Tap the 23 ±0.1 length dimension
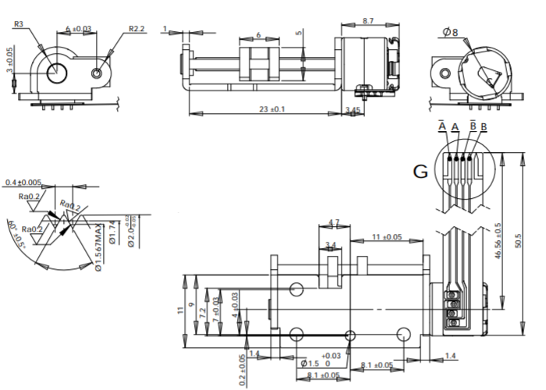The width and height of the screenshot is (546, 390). coord(271,108)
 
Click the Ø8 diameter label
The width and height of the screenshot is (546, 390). coord(450,33)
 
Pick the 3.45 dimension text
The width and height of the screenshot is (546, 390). coord(353,109)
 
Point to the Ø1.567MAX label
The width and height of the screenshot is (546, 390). coord(98,247)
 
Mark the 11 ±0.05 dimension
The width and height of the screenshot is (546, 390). coord(385,236)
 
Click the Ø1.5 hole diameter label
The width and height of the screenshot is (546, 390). coord(310,364)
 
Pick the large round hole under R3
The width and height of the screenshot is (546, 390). coord(58,73)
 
